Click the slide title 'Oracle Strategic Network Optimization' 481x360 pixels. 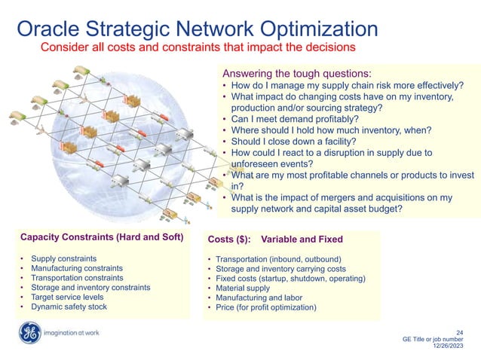[x=197, y=29]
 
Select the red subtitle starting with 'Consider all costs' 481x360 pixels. [x=197, y=47]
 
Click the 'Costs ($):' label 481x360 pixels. [x=228, y=239]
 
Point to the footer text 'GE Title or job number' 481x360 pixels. [x=436, y=340]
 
